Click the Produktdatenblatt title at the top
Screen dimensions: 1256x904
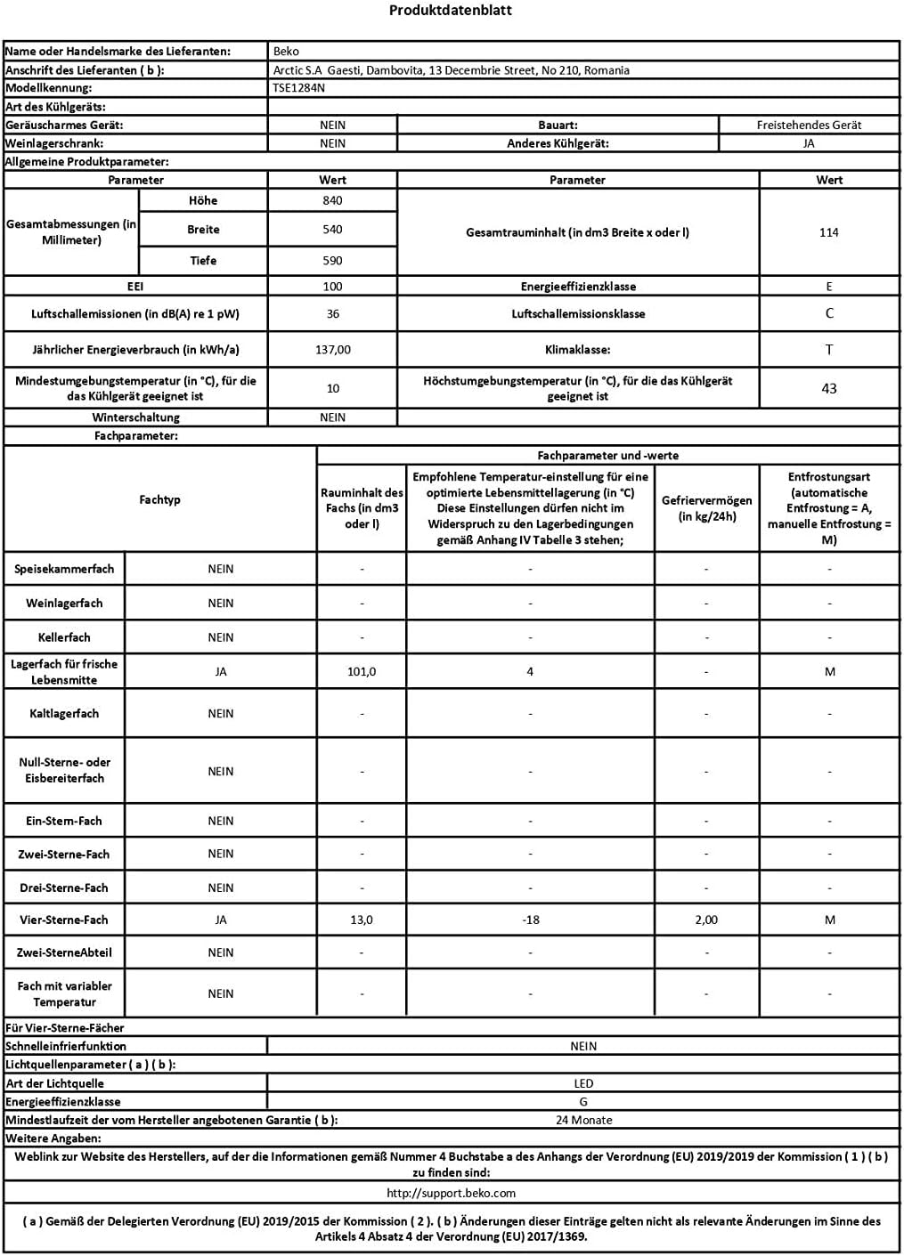[451, 11]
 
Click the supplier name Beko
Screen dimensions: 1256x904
[287, 52]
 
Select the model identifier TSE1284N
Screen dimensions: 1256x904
[299, 88]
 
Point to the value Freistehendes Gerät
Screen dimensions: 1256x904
[809, 126]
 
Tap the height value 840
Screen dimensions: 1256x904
[332, 201]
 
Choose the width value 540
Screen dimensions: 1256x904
[332, 230]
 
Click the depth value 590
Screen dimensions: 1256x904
[332, 261]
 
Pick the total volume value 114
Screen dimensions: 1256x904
[829, 232]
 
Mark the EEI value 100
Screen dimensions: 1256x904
[332, 287]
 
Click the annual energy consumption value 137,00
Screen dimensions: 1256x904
[332, 350]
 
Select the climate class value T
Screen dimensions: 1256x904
[829, 350]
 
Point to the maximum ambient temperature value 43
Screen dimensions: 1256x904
[829, 388]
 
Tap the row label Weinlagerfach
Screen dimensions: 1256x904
[64, 604]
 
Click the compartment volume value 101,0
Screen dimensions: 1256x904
[362, 672]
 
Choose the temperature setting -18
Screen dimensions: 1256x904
[531, 920]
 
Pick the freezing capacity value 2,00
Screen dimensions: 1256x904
[706, 920]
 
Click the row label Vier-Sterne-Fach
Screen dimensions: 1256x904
[64, 920]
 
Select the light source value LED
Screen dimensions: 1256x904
[583, 1084]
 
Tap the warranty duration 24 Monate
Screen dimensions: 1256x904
[583, 1121]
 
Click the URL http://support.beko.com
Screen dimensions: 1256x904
[452, 1193]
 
